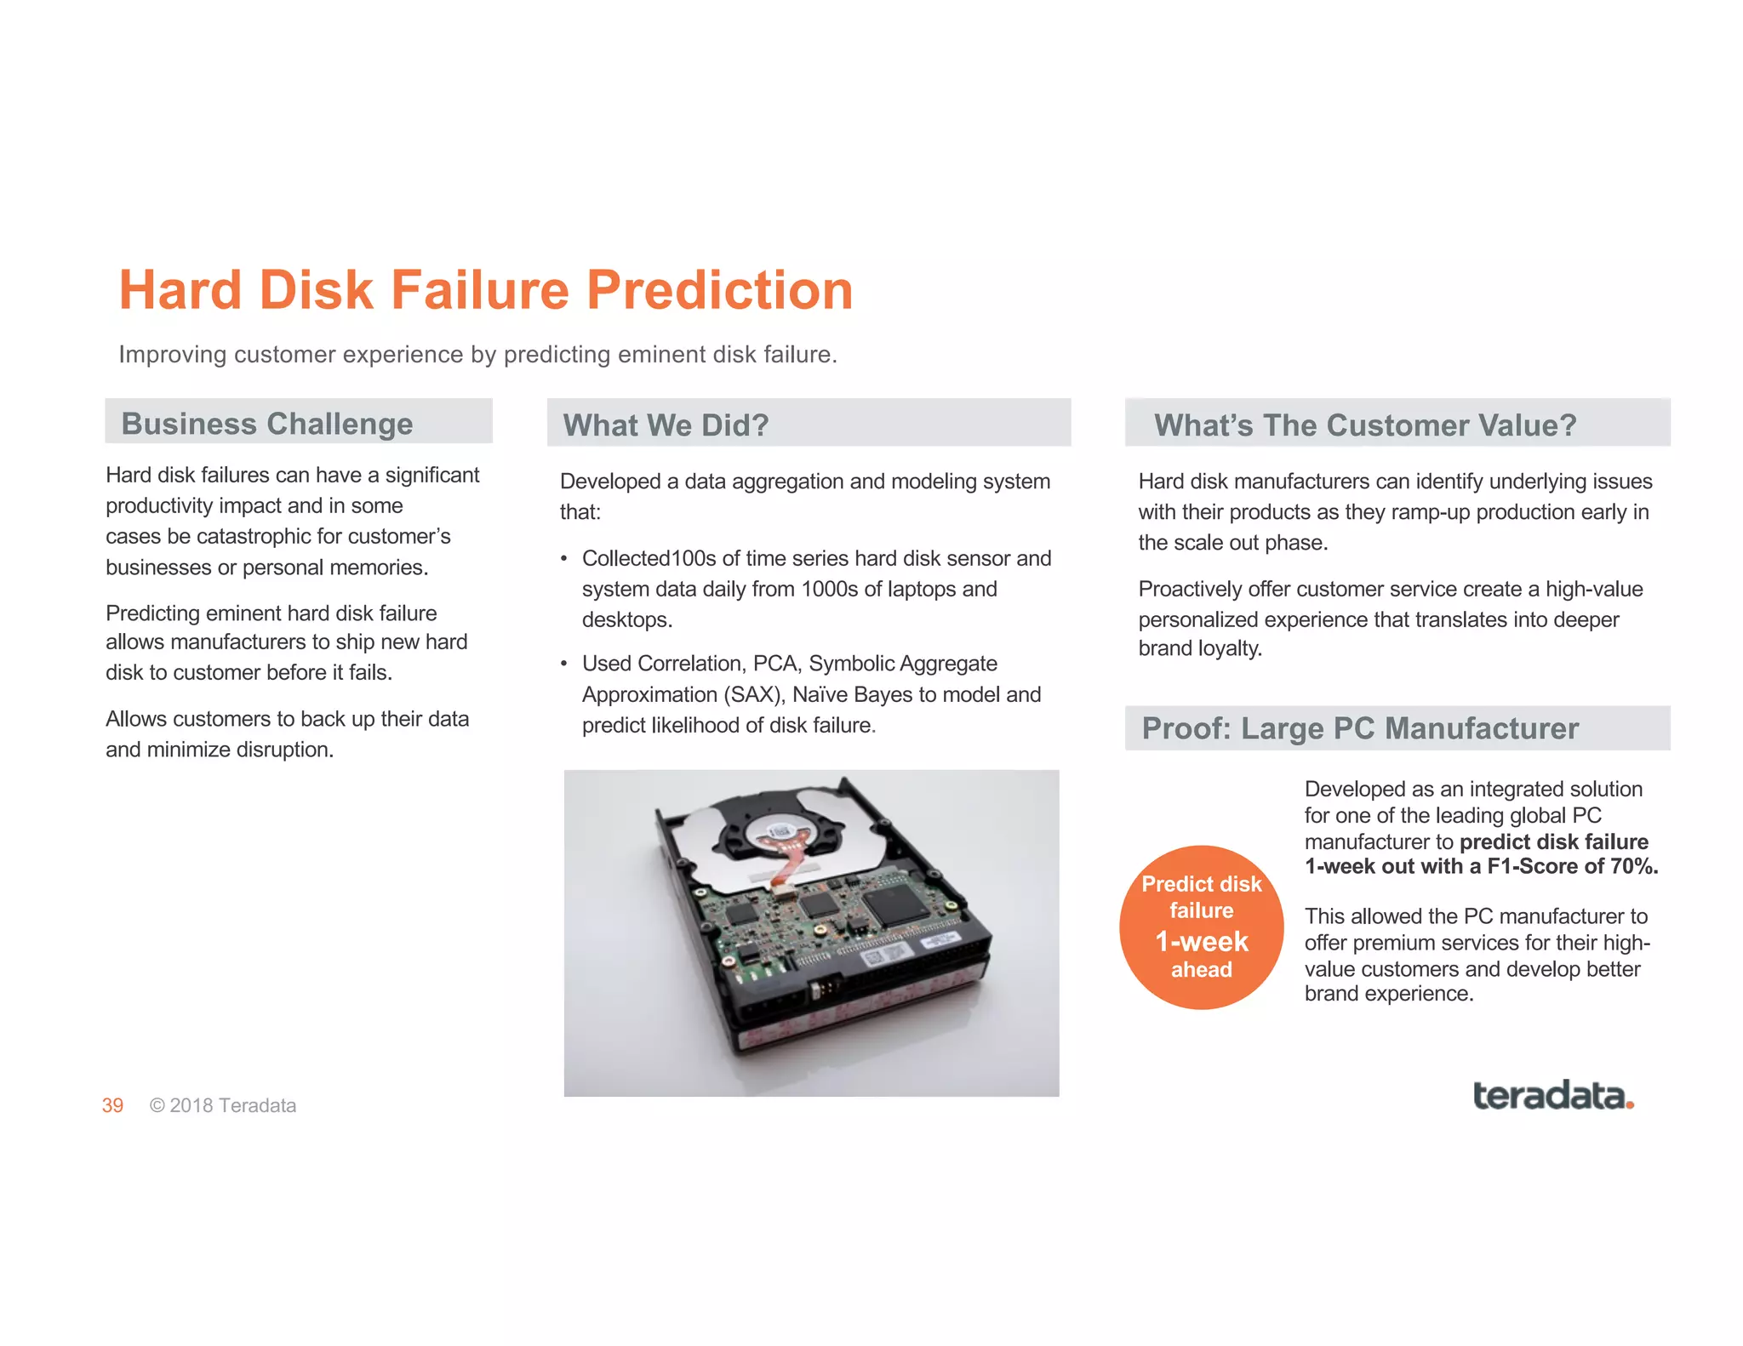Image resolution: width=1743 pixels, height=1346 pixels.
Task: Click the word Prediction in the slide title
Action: (x=719, y=291)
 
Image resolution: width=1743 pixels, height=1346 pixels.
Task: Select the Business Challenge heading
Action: (x=266, y=424)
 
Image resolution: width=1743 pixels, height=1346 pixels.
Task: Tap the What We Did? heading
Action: (x=666, y=425)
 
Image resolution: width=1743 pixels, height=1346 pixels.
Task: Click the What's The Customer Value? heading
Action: (x=1364, y=425)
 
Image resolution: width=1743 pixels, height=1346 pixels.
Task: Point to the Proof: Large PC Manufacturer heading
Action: (x=1359, y=729)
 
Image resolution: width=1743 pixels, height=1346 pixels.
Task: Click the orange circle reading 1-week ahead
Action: (x=1201, y=927)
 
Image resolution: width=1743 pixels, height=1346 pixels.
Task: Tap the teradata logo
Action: (x=1552, y=1096)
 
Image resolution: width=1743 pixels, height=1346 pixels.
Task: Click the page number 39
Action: (x=112, y=1105)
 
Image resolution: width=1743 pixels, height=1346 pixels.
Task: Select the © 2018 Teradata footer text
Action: (x=223, y=1105)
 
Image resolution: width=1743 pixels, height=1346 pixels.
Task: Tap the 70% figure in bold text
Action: (x=1633, y=867)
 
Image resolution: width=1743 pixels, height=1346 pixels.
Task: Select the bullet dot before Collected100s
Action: (x=563, y=559)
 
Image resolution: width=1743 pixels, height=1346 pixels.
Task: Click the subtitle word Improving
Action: (x=173, y=355)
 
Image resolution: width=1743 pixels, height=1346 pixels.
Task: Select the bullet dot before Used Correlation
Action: (x=563, y=664)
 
